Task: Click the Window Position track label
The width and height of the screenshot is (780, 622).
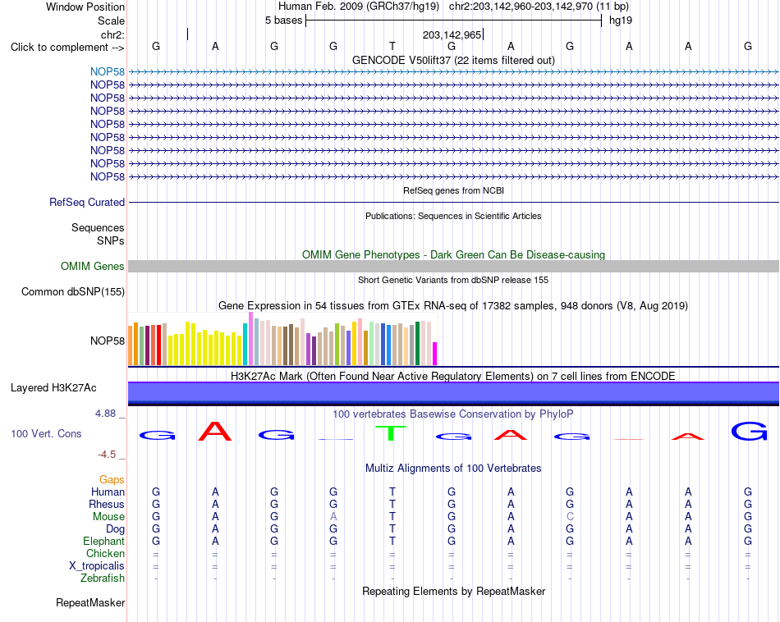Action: coord(85,7)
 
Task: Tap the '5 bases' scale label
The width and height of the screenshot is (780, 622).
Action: coord(283,21)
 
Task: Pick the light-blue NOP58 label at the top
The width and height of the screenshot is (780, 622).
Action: coord(108,71)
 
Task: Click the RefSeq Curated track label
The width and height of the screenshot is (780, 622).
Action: coord(87,203)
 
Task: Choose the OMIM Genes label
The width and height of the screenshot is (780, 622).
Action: coord(92,266)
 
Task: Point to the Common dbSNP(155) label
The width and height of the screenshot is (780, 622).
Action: coord(72,292)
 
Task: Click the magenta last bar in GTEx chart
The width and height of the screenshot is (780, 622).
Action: coord(434,354)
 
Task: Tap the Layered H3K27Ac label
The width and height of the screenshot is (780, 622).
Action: coord(53,388)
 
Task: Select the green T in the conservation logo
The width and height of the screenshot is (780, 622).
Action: coord(391,433)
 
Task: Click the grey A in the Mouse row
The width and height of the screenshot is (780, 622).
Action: coord(333,517)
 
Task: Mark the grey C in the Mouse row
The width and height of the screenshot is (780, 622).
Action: coord(570,517)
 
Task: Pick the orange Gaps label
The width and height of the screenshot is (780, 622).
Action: coord(112,480)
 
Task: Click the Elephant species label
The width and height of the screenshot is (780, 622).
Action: coord(104,541)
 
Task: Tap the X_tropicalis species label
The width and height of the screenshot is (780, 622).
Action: coord(97,566)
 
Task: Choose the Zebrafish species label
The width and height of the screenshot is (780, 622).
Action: coord(103,579)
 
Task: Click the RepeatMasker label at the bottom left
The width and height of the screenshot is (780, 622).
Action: coord(90,602)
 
